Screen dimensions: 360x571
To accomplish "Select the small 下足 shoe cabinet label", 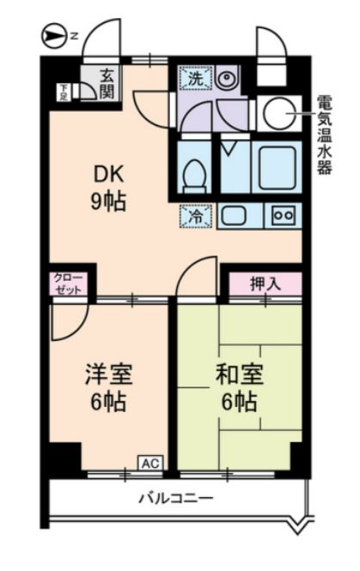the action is pos(64,92).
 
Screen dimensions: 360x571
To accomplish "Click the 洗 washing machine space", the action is pos(196,77).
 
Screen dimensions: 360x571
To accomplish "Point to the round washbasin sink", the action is pos(227,77).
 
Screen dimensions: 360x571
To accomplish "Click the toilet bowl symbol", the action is pos(194,175).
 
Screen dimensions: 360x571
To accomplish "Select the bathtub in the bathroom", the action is pos(278,167).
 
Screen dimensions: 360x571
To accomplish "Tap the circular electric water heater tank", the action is pos(280,112).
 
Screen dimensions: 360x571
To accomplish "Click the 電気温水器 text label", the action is pos(324,135).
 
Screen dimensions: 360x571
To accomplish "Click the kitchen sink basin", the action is pos(234,216).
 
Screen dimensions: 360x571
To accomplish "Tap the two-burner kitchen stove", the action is pos(284,216).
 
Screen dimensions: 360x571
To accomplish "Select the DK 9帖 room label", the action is pos(108,188).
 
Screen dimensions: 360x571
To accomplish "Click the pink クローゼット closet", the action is pos(69,284).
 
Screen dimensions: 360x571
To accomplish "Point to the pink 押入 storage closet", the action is pos(265,284).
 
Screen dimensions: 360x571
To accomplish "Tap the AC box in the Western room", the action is pos(150,463).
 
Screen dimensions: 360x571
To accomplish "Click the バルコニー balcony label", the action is pos(176,497).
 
